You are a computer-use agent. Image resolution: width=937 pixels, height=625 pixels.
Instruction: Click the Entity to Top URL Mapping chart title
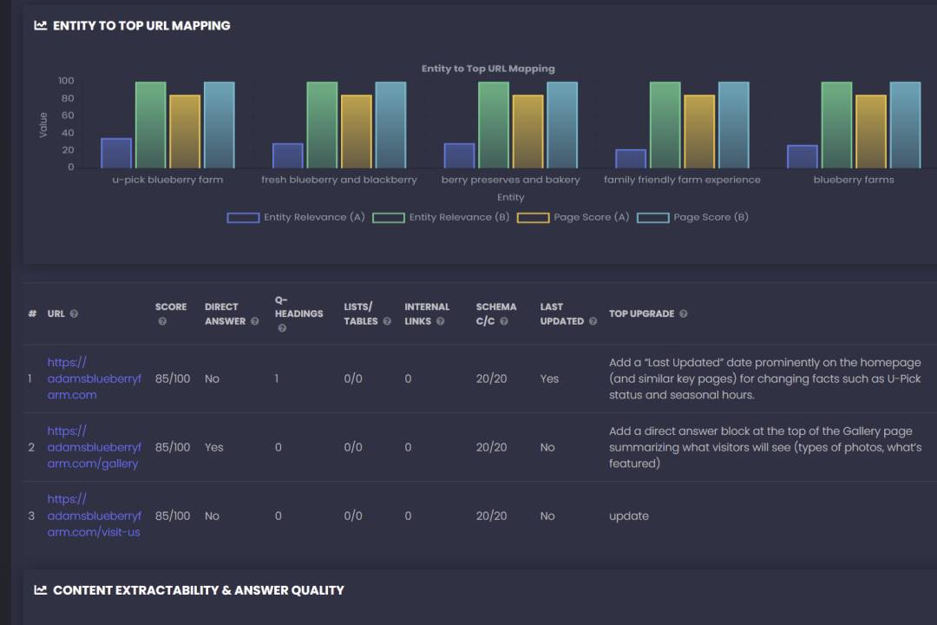click(488, 69)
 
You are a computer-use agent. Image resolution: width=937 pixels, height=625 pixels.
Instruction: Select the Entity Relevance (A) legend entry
click(296, 217)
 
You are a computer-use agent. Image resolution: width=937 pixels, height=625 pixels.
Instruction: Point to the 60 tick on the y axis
click(66, 115)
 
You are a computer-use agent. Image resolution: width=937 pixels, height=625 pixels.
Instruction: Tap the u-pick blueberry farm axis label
click(167, 180)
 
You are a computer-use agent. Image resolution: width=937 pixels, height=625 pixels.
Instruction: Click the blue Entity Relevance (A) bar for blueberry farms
click(803, 156)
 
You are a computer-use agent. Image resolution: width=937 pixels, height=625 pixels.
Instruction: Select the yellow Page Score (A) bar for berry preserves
click(527, 131)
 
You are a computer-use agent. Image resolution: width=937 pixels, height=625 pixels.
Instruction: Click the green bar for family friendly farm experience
click(665, 125)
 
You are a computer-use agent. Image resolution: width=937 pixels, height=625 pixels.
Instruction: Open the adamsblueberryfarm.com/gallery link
click(93, 447)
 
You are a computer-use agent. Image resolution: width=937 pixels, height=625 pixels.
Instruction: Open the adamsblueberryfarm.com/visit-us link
click(93, 516)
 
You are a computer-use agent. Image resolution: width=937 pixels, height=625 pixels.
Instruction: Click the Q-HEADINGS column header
click(298, 313)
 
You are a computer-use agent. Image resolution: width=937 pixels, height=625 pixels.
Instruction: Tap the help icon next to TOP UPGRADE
click(684, 314)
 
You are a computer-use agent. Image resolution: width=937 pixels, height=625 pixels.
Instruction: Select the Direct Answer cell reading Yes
click(213, 447)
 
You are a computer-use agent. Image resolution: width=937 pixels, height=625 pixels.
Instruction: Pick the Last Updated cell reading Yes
click(549, 378)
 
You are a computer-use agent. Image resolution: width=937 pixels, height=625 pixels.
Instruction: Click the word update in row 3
click(629, 516)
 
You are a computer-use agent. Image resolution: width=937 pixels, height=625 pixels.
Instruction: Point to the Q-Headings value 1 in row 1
click(277, 378)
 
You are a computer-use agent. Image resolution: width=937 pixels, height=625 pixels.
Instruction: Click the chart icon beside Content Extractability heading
click(40, 590)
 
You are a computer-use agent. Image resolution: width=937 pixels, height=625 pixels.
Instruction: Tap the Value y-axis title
click(43, 125)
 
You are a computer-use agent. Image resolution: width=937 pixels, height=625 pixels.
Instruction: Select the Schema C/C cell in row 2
click(491, 447)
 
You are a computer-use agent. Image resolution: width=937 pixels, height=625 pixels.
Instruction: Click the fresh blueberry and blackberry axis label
click(339, 180)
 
